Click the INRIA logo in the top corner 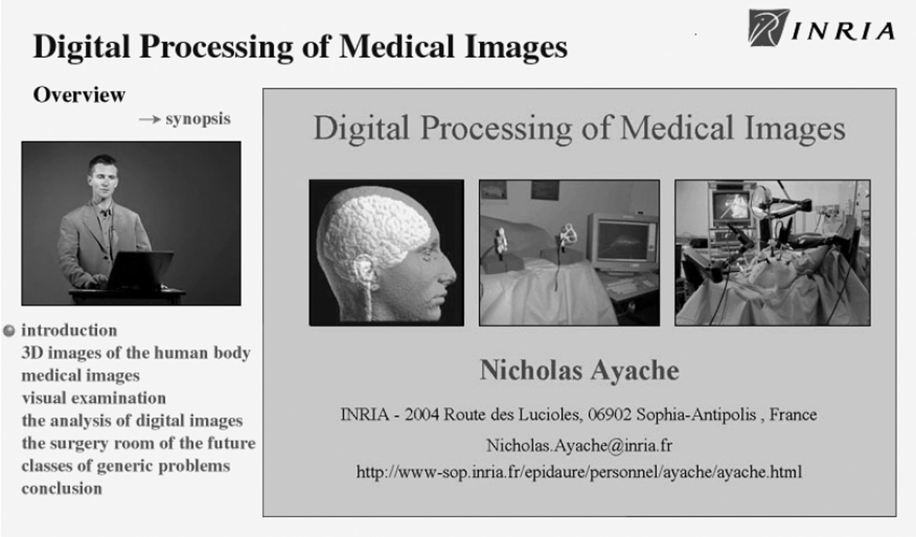tap(822, 28)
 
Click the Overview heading tap(79, 94)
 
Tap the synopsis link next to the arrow tap(198, 119)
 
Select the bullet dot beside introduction tap(9, 331)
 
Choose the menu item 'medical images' tap(80, 375)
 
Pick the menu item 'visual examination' tap(93, 398)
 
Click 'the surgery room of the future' tap(139, 443)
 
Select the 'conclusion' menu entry tap(62, 488)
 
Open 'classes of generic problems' tap(126, 466)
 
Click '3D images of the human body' tap(136, 353)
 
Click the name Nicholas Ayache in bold tap(579, 370)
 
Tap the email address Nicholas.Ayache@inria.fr tap(579, 445)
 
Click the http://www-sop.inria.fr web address tap(579, 471)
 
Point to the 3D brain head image tap(386, 253)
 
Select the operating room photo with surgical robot tap(772, 253)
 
